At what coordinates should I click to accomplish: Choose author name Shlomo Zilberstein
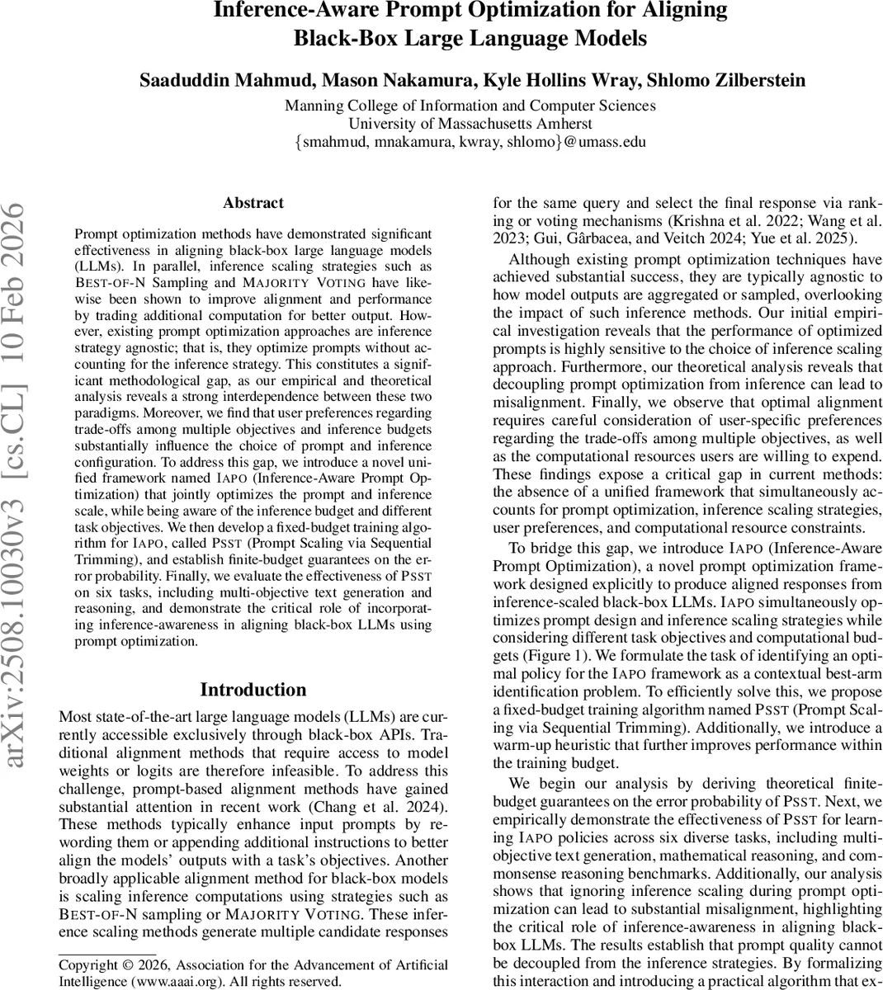click(x=726, y=80)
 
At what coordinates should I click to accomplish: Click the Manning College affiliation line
click(x=470, y=106)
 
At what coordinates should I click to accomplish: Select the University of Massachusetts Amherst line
click(x=470, y=124)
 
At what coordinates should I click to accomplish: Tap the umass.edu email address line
click(x=470, y=142)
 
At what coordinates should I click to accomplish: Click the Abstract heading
click(x=253, y=203)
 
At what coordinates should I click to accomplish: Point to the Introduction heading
click(x=253, y=690)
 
